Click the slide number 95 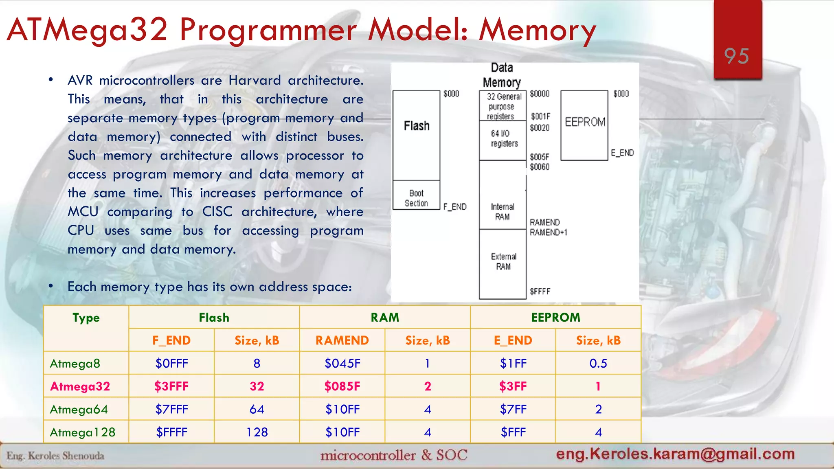[736, 56]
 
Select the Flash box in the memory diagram [416, 134]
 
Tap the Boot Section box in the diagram [416, 198]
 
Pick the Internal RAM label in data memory [502, 212]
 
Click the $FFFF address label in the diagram [540, 291]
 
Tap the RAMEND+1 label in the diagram [548, 232]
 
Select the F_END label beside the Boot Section [455, 207]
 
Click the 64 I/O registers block [503, 139]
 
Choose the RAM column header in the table [384, 318]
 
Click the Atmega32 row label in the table [80, 386]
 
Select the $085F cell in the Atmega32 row [342, 386]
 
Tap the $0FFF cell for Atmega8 [171, 363]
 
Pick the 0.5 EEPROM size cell [598, 363]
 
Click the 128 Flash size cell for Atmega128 [257, 432]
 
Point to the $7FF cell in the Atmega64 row [513, 409]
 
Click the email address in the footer [675, 454]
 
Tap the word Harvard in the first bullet [255, 80]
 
